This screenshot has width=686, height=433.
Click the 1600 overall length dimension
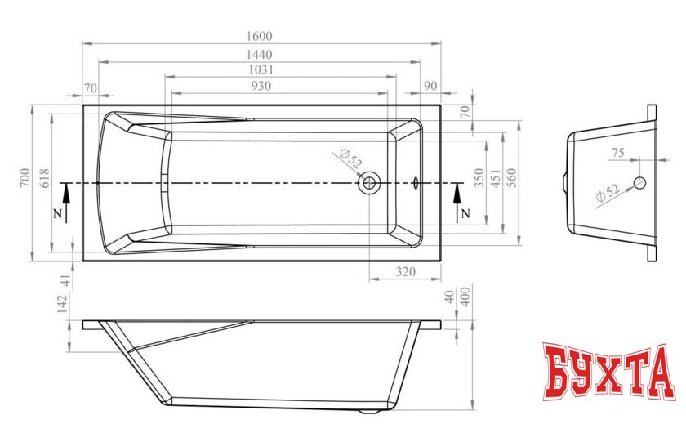pos(260,36)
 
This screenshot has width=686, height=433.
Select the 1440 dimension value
pos(260,55)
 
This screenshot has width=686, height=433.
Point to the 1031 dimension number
pos(261,69)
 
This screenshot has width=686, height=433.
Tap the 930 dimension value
pos(261,86)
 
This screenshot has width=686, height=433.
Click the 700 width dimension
pos(25,179)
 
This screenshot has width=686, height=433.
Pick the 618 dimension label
pos(45,179)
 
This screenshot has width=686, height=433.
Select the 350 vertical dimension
pos(480,178)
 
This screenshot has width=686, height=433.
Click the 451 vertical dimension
pos(497,179)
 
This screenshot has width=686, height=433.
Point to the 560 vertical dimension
pos(512,178)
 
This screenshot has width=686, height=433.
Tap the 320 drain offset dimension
pos(406,272)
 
